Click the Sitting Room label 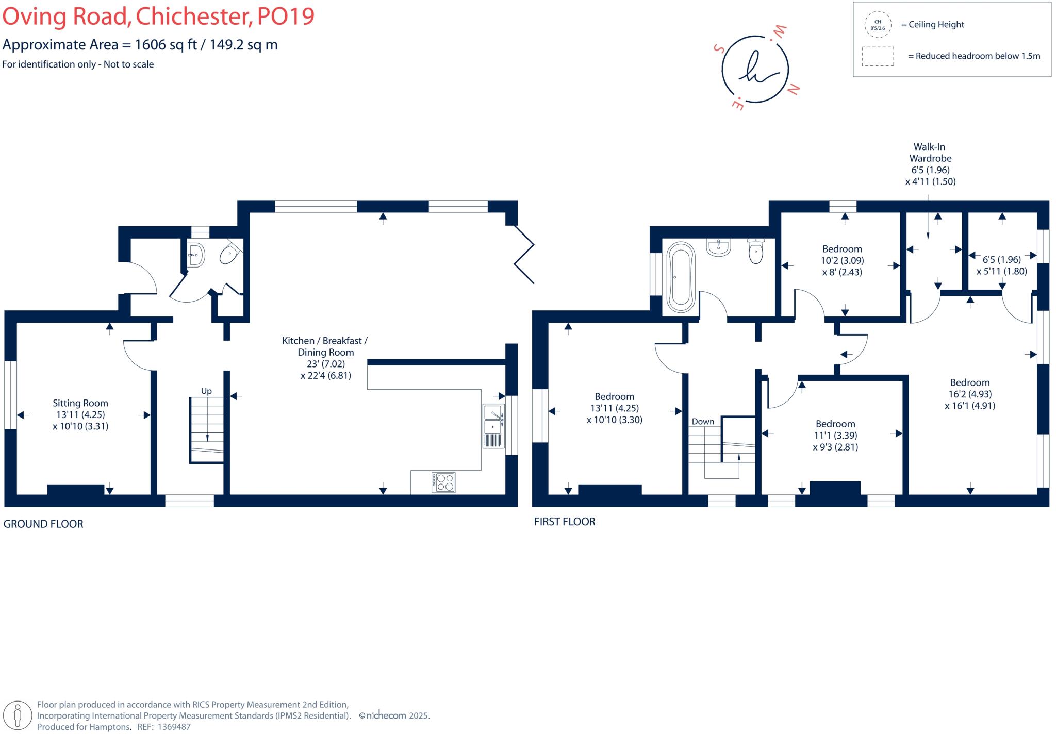pyautogui.click(x=80, y=414)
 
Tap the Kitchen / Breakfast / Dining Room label pyautogui.click(x=325, y=357)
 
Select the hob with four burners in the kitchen pyautogui.click(x=444, y=482)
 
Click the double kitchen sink pyautogui.click(x=493, y=426)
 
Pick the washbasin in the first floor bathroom pyautogui.click(x=718, y=247)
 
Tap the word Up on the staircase pyautogui.click(x=206, y=391)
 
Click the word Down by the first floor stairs pyautogui.click(x=703, y=421)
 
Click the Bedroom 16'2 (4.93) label pyautogui.click(x=970, y=393)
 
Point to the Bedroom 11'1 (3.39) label pyautogui.click(x=835, y=435)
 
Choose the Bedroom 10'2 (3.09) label pyautogui.click(x=842, y=260)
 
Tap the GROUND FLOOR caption pyautogui.click(x=43, y=524)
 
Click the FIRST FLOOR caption pyautogui.click(x=565, y=522)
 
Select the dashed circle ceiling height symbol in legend pyautogui.click(x=878, y=25)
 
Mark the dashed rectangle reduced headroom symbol pyautogui.click(x=878, y=56)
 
